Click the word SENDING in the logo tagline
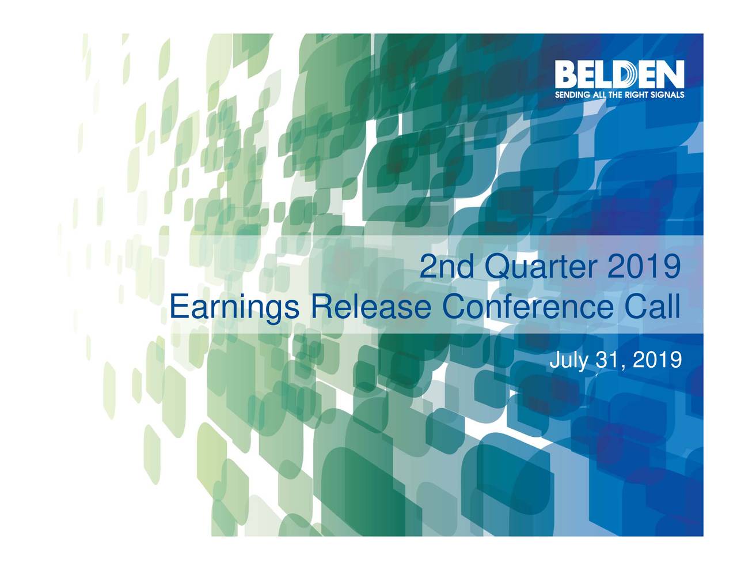571,96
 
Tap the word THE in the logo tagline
617,96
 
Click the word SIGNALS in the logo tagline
668,96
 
